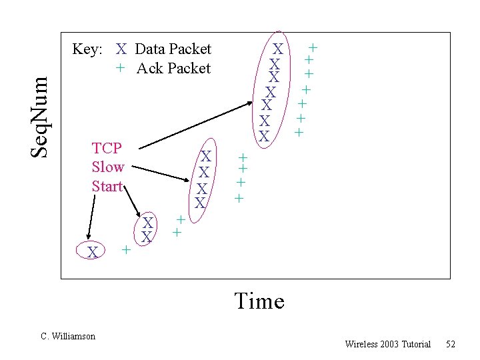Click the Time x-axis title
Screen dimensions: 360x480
tap(259, 301)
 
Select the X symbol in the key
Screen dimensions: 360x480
tap(121, 49)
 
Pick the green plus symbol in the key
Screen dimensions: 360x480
tap(119, 68)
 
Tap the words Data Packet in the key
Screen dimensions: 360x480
tap(173, 49)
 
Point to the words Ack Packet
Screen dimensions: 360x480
tap(173, 68)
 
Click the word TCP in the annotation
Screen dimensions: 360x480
tap(107, 148)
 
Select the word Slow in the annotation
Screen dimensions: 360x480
tap(108, 167)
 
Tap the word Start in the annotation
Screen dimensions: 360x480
tap(108, 186)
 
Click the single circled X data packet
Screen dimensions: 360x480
tap(94, 252)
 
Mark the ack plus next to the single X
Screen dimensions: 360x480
tap(125, 249)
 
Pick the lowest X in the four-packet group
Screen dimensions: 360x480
tap(200, 201)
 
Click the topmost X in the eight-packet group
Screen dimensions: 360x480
tap(279, 49)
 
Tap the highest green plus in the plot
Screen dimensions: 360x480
tap(312, 48)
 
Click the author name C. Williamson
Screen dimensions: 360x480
tap(68, 336)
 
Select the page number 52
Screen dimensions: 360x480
tap(451, 344)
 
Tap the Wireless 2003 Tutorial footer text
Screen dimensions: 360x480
tap(388, 344)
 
